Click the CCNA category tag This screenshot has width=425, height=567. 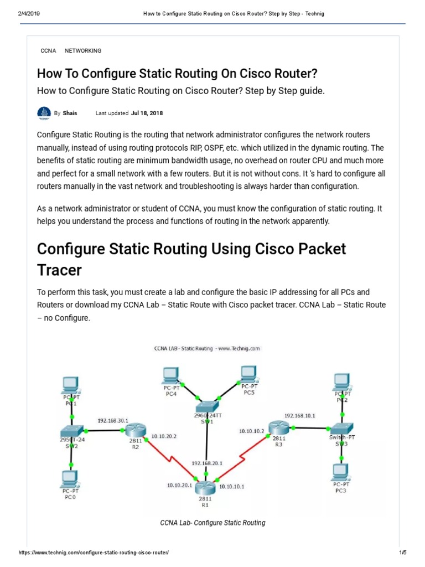(x=48, y=50)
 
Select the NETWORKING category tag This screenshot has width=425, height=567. (x=83, y=50)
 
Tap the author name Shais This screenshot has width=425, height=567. (x=70, y=113)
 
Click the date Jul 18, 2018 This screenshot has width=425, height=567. (x=147, y=113)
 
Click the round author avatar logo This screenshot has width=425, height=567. (x=44, y=114)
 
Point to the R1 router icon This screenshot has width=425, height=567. (x=205, y=487)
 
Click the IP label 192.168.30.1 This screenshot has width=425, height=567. (x=113, y=420)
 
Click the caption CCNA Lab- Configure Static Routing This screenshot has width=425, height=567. (x=212, y=523)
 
